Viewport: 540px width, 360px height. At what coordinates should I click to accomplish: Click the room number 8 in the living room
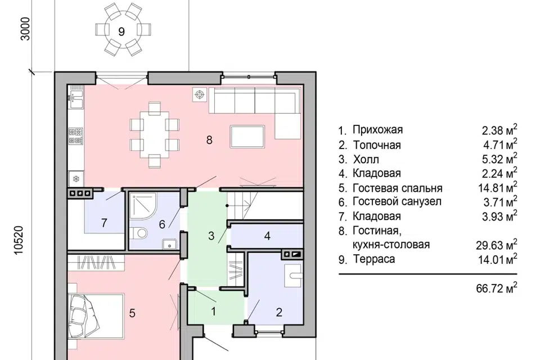[209, 141]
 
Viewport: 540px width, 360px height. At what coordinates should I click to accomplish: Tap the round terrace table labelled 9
[121, 31]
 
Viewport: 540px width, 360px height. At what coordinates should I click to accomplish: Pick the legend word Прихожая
[377, 130]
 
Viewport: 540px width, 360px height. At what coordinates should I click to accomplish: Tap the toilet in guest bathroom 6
[140, 232]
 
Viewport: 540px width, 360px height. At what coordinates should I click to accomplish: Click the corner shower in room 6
[140, 207]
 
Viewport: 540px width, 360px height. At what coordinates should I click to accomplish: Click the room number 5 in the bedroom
[132, 314]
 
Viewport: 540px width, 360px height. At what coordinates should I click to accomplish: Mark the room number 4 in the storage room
[268, 236]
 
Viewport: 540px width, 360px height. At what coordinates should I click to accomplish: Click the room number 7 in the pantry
[104, 223]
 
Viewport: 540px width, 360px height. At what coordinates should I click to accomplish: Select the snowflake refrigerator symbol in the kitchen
[75, 179]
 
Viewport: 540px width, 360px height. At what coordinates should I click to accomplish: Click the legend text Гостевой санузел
[397, 202]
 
